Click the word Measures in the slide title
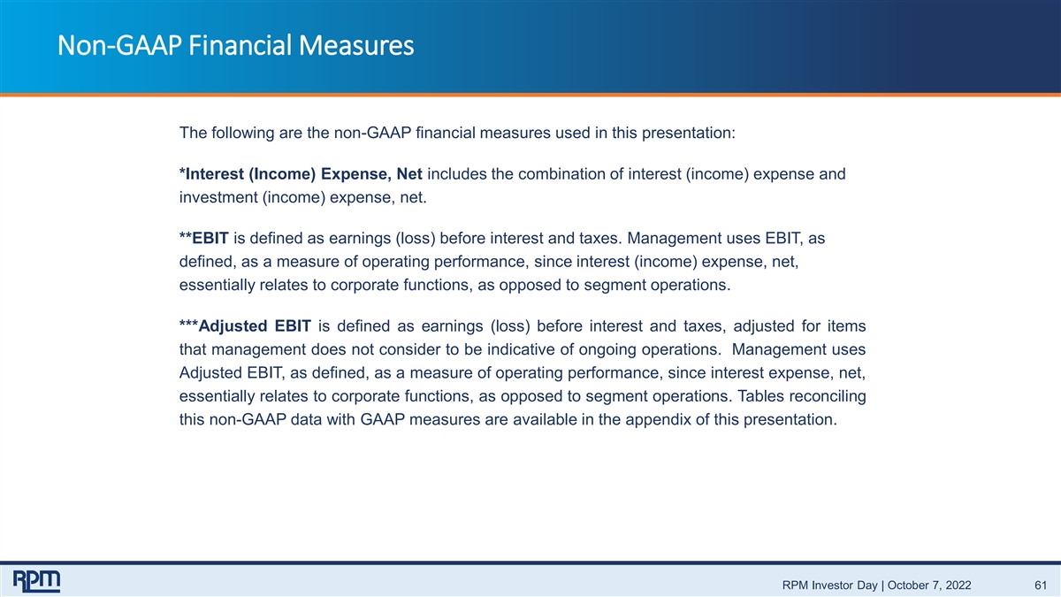coord(355,45)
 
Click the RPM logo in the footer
coord(36,581)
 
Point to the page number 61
coord(1041,586)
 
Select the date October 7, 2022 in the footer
coord(929,586)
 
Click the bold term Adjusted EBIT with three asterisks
coord(246,326)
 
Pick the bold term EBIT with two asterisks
coord(204,238)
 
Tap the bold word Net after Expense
coord(409,174)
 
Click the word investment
coord(218,197)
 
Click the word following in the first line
coord(242,134)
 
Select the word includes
coord(456,174)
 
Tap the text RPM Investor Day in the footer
coord(830,586)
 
